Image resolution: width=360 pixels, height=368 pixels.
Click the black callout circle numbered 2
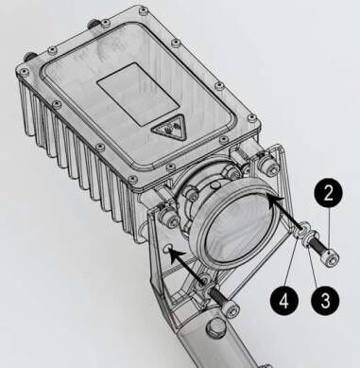point(328,193)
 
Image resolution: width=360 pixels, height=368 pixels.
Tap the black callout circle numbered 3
point(325,300)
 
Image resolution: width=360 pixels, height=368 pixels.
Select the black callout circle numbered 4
point(284,300)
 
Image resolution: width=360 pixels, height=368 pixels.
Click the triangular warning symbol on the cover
point(168,128)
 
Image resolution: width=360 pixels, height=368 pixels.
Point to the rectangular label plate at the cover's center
point(139,94)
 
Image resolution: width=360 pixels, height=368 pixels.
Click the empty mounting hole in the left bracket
point(167,249)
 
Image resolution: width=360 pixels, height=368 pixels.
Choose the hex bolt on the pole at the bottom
point(215,329)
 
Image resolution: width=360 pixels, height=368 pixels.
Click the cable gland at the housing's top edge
point(93,24)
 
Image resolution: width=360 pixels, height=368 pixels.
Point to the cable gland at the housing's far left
point(28,57)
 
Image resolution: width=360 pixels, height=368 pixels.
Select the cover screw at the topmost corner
point(144,10)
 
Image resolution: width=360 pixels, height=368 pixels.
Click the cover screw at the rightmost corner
point(252,118)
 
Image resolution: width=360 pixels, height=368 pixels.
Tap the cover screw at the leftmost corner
point(24,72)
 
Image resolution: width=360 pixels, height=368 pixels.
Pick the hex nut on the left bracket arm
point(170,219)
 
